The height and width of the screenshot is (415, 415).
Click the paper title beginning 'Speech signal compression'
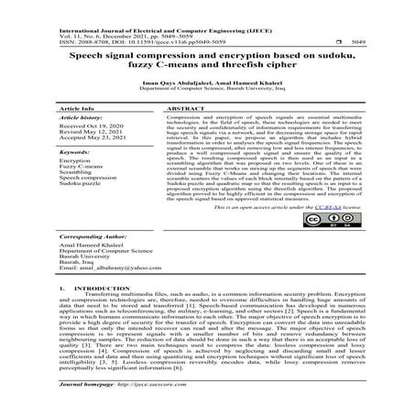(x=207, y=61)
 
